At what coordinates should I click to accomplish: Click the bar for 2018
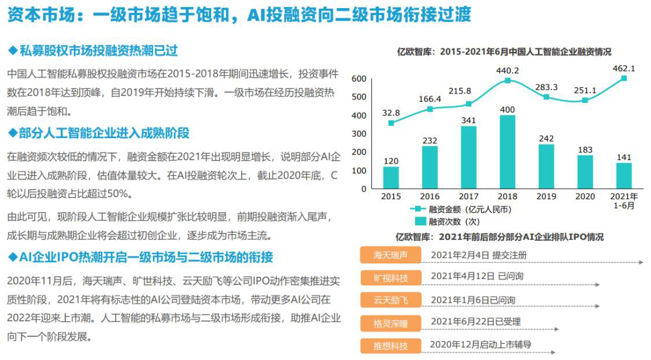point(507,152)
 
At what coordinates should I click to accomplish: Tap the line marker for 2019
point(546,97)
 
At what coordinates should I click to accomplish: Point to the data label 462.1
point(624,68)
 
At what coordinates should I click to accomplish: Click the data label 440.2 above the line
point(507,70)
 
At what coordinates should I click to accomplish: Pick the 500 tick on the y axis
point(359,97)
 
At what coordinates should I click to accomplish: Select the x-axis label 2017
point(468,196)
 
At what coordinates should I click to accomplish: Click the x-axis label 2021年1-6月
point(624,201)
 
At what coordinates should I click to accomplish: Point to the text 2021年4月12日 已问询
point(476,276)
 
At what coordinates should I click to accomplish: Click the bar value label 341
point(468,120)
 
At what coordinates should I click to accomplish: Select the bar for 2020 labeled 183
point(585,172)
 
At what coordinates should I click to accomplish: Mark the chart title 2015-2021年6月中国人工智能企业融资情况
point(504,51)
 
